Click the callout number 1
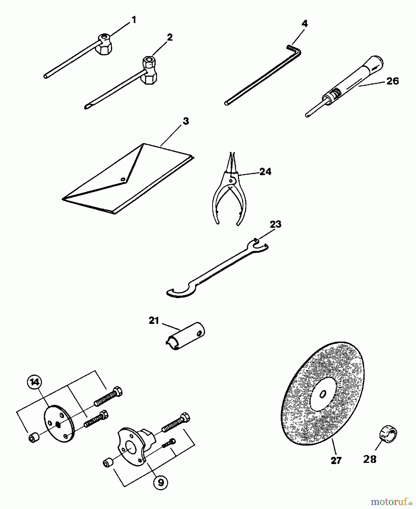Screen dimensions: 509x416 pos(134,20)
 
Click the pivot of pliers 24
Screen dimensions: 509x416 pos(231,179)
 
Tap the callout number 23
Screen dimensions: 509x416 pos(276,225)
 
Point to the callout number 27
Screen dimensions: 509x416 pos(336,460)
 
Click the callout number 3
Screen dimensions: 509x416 pos(186,121)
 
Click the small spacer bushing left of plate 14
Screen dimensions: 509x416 pos(33,439)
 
